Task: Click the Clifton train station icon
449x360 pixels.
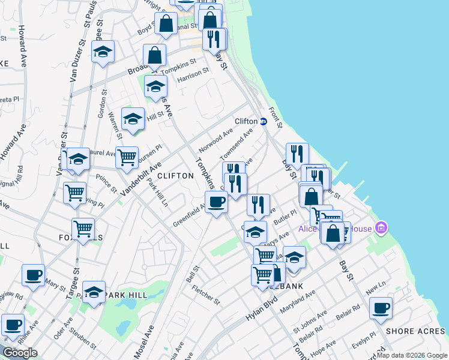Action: (x=263, y=121)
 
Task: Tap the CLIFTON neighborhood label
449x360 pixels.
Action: (x=175, y=176)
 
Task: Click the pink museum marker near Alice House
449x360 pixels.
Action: (x=379, y=228)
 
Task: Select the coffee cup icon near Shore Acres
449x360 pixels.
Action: (x=381, y=308)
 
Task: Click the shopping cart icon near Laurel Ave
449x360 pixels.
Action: (x=127, y=158)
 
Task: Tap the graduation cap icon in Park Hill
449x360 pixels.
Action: (x=94, y=292)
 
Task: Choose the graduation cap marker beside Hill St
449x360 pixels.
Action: (x=133, y=118)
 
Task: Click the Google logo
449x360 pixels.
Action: (x=20, y=353)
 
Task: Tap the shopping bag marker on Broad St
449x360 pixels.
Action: (x=155, y=55)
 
